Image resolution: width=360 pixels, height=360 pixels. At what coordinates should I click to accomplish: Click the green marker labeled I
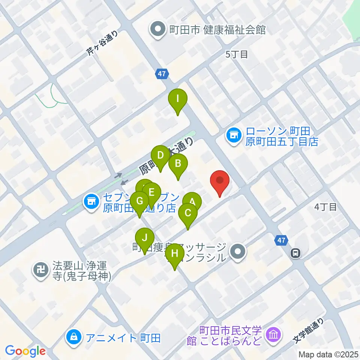coord(178,100)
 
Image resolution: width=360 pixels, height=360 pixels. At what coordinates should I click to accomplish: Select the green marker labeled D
coord(160,155)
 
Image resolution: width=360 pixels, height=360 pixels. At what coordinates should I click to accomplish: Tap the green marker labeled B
coord(178,164)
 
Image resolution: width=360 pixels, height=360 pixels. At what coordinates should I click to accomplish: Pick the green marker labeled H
coord(175,254)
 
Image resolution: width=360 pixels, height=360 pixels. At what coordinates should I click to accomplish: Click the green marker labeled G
coord(139,201)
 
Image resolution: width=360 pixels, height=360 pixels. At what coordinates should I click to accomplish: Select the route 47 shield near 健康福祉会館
coord(162,74)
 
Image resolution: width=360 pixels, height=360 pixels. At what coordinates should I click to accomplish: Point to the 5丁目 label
coord(237,54)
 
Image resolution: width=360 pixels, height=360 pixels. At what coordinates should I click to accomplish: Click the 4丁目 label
coord(326,207)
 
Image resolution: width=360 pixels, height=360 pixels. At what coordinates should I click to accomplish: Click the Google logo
coord(25,351)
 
